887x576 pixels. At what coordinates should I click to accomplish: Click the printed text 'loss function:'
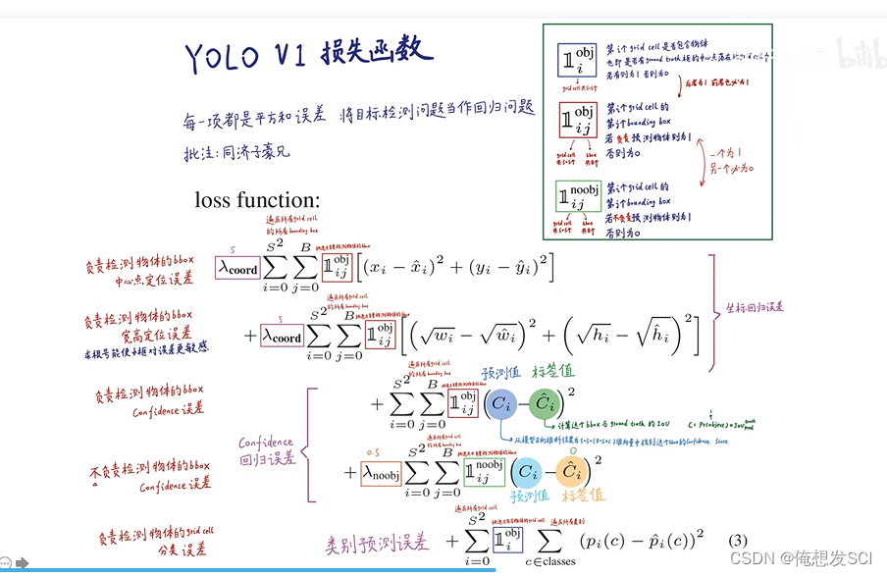[257, 200]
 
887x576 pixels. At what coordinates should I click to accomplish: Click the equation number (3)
[739, 541]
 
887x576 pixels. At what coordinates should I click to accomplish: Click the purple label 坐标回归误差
[755, 307]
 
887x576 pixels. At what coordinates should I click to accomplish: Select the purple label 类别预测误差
[377, 543]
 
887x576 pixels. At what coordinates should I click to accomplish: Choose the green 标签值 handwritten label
[552, 374]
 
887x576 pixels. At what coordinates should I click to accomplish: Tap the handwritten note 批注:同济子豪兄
[236, 153]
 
